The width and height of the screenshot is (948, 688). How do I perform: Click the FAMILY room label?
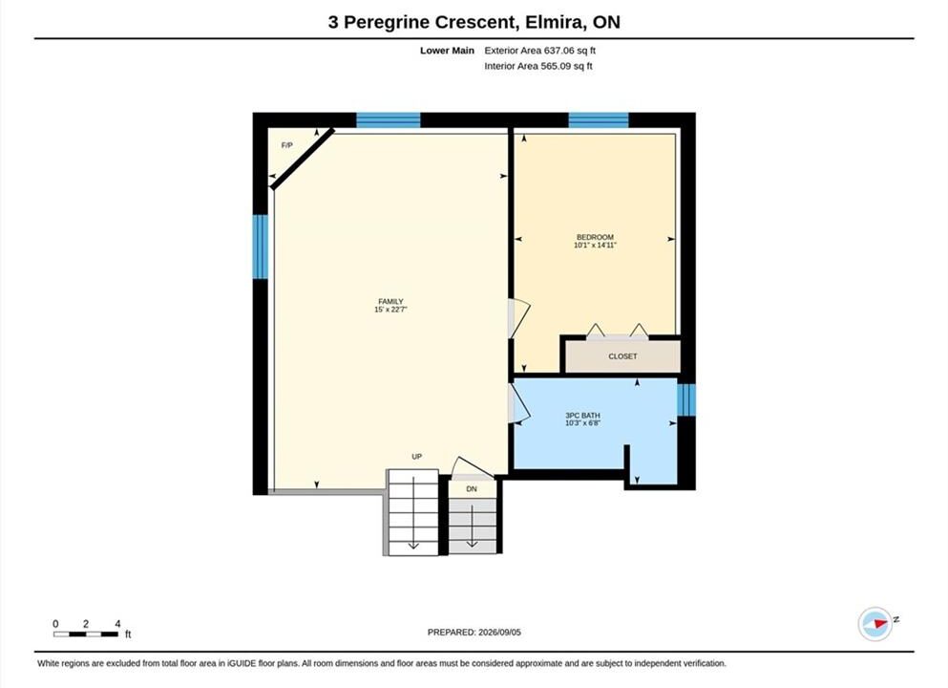390,301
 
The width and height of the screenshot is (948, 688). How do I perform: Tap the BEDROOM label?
595,237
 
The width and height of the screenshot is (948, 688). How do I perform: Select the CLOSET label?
622,356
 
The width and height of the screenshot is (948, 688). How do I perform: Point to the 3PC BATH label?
582,415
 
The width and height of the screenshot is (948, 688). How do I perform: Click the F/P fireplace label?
287,145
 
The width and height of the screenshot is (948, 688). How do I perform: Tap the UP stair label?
416,456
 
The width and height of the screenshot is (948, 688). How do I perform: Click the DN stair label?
472,488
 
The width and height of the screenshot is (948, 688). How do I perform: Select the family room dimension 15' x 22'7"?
390,310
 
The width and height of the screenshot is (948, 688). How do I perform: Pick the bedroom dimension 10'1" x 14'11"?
595,245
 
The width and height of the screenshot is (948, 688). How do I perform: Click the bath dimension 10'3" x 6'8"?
582,423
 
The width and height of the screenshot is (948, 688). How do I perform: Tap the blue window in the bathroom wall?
686,400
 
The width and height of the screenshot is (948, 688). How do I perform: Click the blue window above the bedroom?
599,119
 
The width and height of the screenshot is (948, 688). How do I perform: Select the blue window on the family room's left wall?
260,247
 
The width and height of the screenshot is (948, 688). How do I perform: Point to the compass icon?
875,624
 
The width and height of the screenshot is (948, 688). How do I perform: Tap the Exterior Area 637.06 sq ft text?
540,51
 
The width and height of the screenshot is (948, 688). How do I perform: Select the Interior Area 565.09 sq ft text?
538,66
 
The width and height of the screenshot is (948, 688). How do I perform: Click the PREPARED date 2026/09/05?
499,632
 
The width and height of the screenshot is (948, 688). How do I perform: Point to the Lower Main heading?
448,51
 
